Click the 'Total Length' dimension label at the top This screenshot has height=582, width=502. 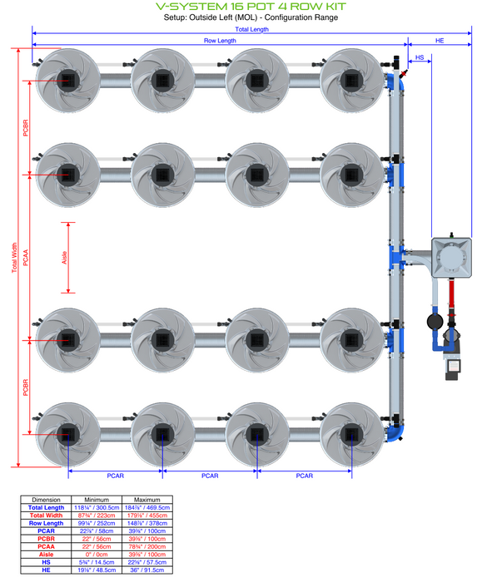click(251, 29)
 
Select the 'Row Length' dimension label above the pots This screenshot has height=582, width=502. click(220, 40)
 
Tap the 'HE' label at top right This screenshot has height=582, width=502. click(440, 40)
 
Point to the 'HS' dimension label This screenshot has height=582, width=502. click(420, 57)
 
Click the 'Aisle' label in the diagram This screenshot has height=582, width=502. click(65, 258)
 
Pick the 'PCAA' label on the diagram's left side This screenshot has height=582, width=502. click(26, 258)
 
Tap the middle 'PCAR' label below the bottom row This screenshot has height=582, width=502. click(210, 476)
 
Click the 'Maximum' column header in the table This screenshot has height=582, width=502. click(147, 500)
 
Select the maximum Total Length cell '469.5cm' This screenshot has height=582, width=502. click(147, 507)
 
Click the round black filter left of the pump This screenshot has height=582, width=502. click(434, 320)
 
